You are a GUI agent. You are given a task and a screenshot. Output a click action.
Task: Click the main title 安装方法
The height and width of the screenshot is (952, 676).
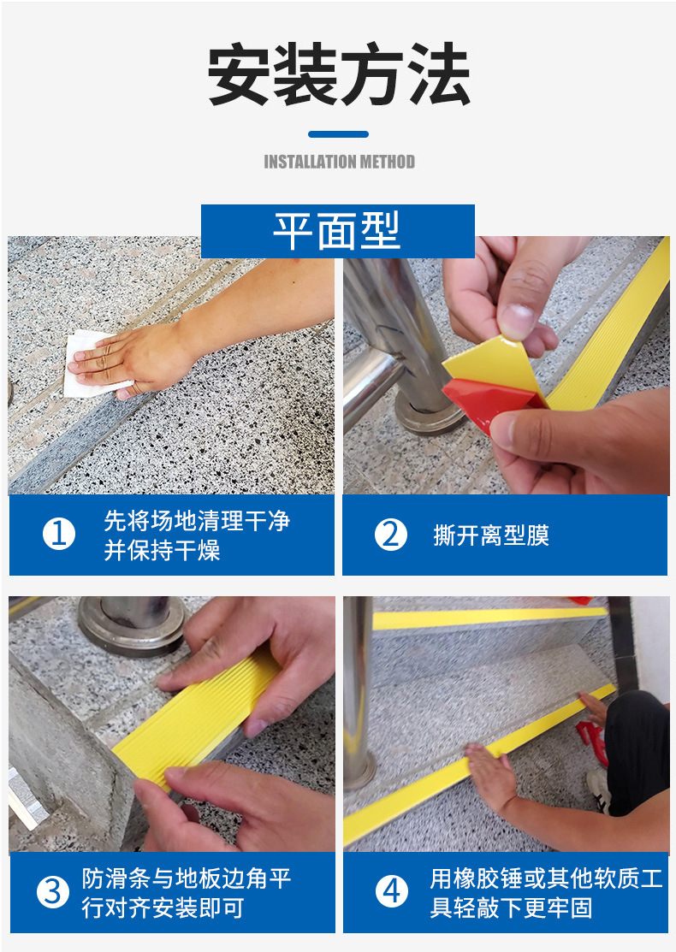(339, 76)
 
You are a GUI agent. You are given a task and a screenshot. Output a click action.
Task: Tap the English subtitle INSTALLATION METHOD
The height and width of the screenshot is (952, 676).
(339, 162)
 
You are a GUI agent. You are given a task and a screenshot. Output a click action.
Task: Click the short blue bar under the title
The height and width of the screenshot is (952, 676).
(338, 134)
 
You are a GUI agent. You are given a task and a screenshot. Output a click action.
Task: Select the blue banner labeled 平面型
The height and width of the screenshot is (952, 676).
(337, 231)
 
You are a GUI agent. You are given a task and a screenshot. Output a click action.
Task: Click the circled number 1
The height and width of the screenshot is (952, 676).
(58, 535)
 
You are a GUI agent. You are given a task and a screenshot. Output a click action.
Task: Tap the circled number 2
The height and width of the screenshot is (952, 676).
(390, 535)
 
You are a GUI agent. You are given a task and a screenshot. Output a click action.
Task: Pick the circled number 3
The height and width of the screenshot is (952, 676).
(53, 892)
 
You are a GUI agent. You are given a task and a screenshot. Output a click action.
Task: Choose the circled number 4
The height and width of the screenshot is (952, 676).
(391, 892)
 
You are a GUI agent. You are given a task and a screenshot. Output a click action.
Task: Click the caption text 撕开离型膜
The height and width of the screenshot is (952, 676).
(490, 536)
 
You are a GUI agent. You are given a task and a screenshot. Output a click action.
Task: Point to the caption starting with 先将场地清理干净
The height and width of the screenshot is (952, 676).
(197, 535)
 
